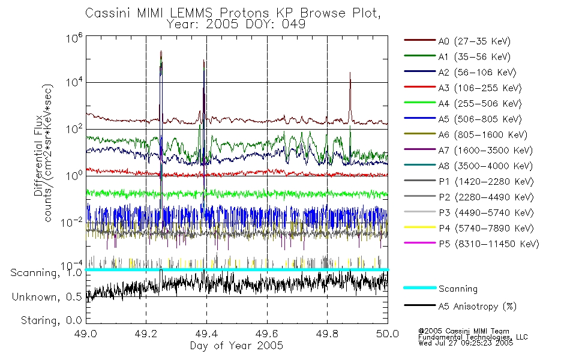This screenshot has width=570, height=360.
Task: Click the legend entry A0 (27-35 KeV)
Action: coord(457,41)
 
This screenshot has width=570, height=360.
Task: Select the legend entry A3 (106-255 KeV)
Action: coord(463,88)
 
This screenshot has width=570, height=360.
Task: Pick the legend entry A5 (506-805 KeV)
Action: coord(463,119)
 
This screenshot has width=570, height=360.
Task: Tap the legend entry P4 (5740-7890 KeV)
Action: coord(469,229)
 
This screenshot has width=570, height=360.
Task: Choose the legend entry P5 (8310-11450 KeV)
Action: coord(472,244)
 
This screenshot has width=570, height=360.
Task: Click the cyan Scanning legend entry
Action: coord(440,289)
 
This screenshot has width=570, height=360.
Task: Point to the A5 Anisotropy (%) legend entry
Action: coord(460,307)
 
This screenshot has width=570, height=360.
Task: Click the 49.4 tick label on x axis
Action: coord(206,334)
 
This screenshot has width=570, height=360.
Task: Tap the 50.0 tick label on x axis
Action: coord(388,334)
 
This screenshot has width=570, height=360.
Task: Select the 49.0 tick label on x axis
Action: coord(86,334)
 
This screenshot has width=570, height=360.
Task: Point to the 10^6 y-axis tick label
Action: coord(74,38)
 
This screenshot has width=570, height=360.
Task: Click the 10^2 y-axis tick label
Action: coord(74,129)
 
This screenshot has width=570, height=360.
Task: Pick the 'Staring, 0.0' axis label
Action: coord(51,320)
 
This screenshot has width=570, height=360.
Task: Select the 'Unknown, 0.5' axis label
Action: coord(47,297)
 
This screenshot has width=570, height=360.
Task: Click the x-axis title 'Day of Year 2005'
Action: coord(236,345)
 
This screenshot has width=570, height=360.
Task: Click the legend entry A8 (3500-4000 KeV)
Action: coord(468,166)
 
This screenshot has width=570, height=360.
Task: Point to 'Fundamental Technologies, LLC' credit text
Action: coord(473,337)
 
